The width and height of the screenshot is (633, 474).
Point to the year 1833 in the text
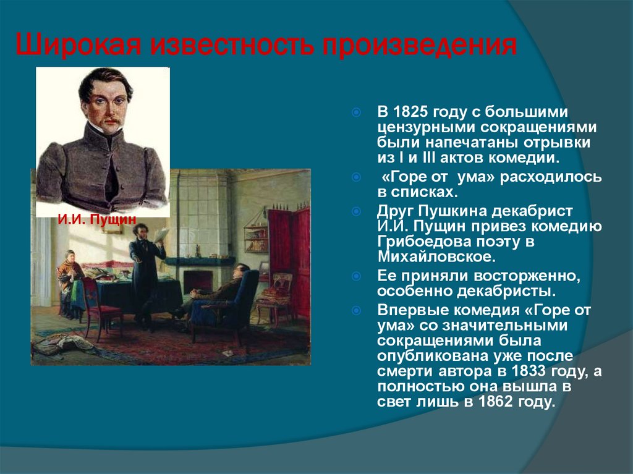pyautogui.click(x=530, y=371)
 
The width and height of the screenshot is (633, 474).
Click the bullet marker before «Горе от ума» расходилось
pyautogui.click(x=356, y=177)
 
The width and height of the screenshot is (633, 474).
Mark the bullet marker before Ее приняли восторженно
pyautogui.click(x=356, y=276)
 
